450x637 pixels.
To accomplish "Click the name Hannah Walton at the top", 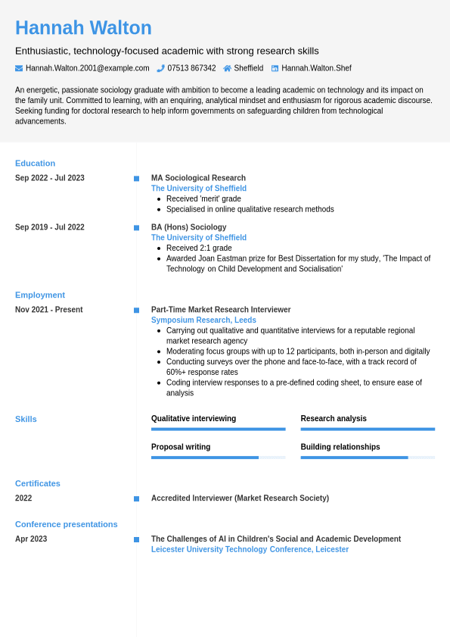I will (x=83, y=28).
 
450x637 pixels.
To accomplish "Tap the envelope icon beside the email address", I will (x=19, y=68).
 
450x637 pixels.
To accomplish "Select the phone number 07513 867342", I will (x=191, y=68).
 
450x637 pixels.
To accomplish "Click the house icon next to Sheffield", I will (x=227, y=68).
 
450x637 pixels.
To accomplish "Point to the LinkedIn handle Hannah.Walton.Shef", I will (x=316, y=68).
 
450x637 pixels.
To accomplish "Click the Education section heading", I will (x=35, y=163).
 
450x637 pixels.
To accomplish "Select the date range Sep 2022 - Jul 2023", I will (x=50, y=178).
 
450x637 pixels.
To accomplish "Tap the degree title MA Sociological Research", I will (x=198, y=178).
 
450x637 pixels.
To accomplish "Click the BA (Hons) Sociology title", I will (x=188, y=227).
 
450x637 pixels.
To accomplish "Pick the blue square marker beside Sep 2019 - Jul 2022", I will (x=136, y=227).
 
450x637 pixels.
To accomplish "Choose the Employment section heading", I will (x=40, y=295).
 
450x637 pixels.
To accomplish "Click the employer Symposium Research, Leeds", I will (x=203, y=320).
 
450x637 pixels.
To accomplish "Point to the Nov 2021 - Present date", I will (x=49, y=310).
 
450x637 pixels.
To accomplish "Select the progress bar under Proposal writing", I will (x=218, y=457).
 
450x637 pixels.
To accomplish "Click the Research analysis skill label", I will (x=334, y=418).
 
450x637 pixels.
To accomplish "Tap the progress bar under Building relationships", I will (x=368, y=457).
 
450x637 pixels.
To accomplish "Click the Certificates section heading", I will (x=38, y=483).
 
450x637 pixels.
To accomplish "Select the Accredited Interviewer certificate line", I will (x=240, y=498).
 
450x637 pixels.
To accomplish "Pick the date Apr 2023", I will (x=31, y=539).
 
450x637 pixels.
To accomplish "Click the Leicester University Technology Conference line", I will (x=250, y=550).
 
